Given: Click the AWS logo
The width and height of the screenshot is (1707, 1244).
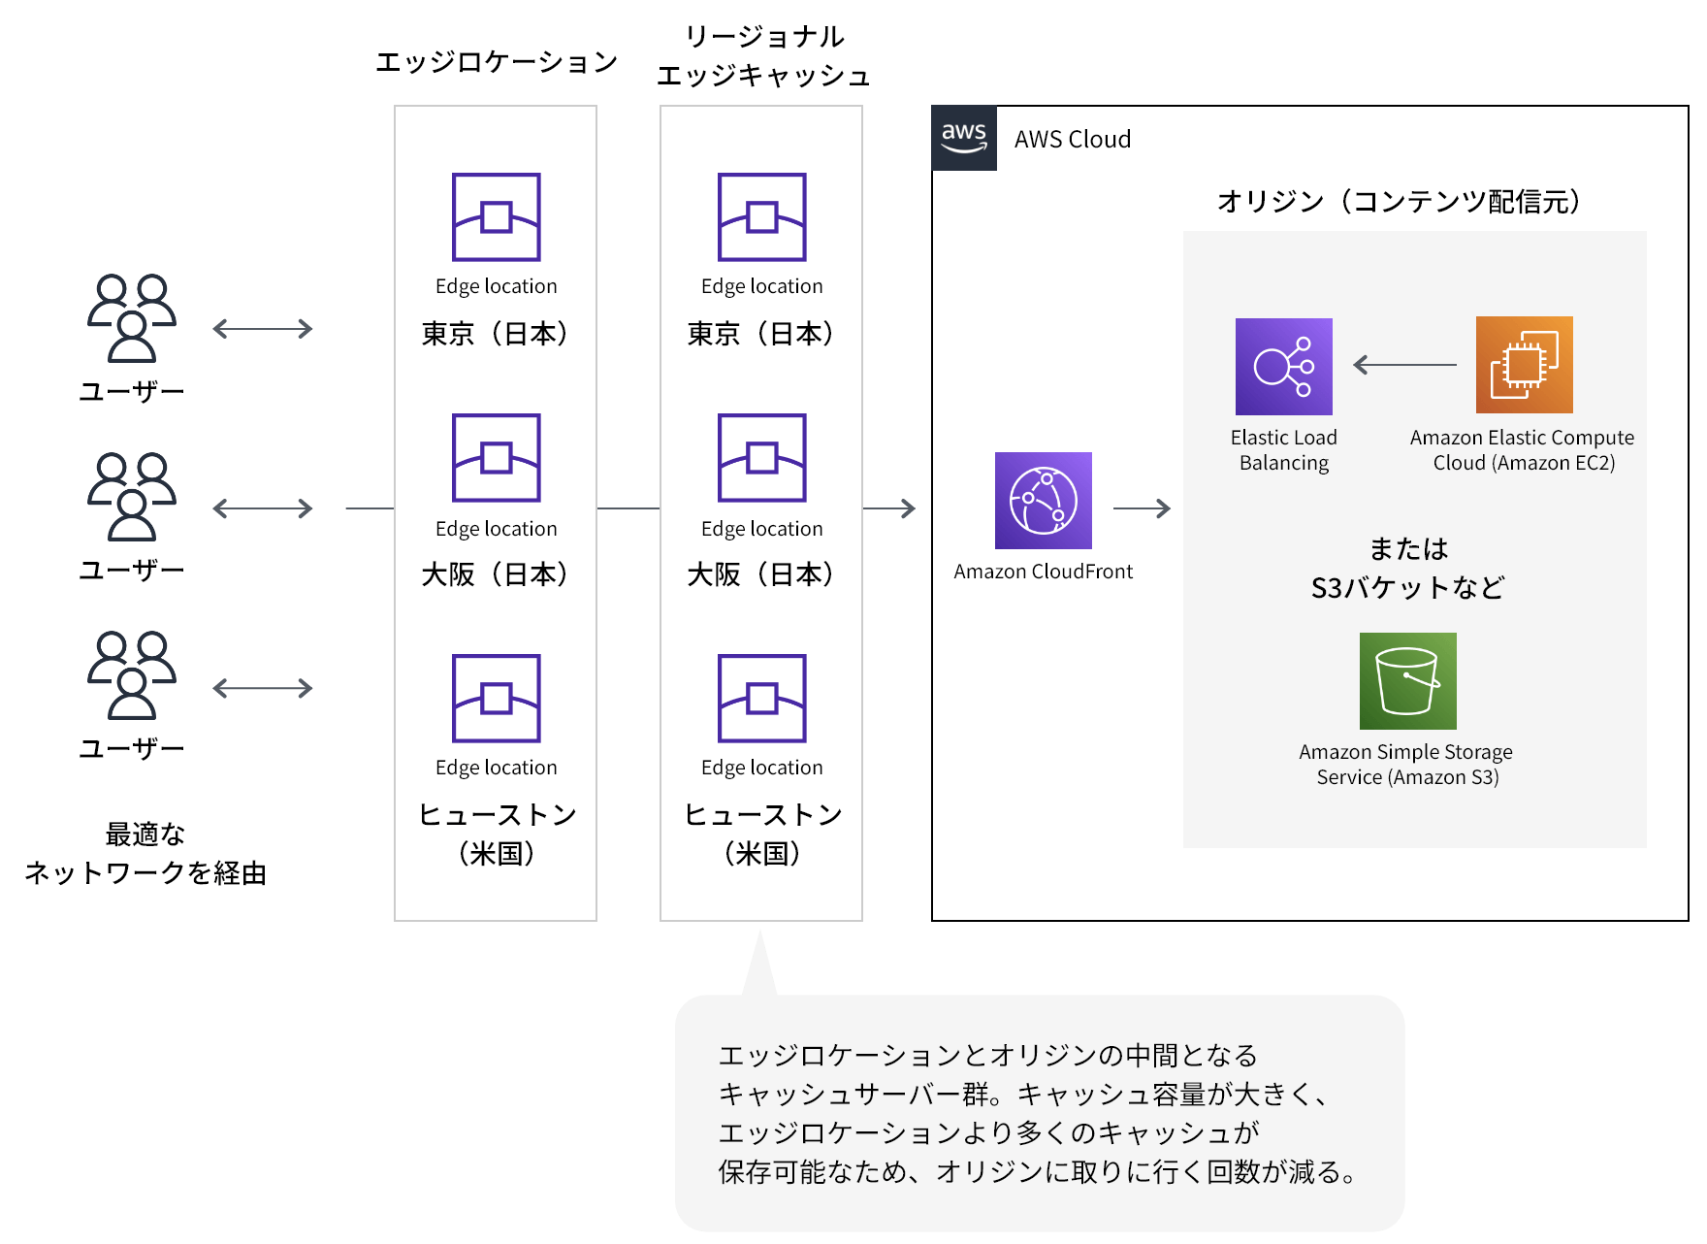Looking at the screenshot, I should pos(963,138).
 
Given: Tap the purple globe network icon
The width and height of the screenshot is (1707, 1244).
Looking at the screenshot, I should pos(1043,501).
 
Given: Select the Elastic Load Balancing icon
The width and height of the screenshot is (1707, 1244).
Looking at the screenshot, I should pos(1283,367).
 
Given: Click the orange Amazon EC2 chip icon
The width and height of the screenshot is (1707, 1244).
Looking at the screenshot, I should pos(1524,365).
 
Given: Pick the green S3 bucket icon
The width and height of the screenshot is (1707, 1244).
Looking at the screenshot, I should pos(1407,680).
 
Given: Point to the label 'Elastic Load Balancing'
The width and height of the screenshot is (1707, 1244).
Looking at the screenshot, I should pos(1283,450).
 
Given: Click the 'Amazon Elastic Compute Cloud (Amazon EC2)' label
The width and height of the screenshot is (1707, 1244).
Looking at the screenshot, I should pos(1522,450).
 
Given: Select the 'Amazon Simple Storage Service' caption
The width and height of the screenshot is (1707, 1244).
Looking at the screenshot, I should pos(1405,765).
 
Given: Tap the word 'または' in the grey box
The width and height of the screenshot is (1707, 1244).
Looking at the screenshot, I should pos(1408,549).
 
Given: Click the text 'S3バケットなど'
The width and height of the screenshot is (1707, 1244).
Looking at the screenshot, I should pos(1407,588).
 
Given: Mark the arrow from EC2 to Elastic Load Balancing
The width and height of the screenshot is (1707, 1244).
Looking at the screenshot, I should pos(1404,365).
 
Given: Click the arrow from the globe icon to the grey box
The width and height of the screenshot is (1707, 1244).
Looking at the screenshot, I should pos(1142,508).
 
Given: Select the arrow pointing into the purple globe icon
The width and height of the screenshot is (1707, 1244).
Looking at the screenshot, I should pos(889,508).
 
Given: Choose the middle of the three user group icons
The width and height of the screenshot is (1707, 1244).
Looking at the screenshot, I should pos(132,497).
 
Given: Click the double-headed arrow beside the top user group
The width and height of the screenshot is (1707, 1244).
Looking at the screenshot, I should pos(263,329).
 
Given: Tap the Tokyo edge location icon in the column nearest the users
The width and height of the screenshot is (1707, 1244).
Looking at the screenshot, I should pos(497,217).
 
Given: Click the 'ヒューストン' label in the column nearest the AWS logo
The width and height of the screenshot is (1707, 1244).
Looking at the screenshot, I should pos(762,815).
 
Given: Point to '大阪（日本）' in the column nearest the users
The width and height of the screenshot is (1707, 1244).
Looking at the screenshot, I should pos(496,574).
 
